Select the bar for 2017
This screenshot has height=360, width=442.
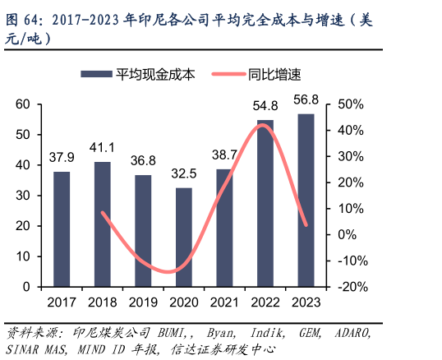pos(62,229)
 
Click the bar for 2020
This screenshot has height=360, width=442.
pos(184,238)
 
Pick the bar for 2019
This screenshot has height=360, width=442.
pos(143,231)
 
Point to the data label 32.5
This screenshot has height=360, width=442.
pos(184,174)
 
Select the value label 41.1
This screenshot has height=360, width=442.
pos(102,148)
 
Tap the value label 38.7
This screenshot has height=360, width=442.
pos(224,154)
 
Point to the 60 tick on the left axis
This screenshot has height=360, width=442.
pos(22,104)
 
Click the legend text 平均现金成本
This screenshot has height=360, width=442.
pos(156,74)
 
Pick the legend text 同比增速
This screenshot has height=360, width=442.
pos(274,74)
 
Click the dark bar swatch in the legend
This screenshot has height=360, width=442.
pos(96,74)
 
